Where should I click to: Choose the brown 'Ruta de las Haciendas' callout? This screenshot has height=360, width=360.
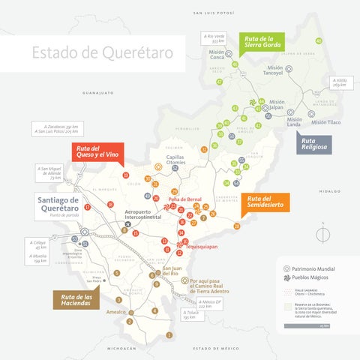coord(77,301)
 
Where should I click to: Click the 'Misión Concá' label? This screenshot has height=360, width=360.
coord(217,55)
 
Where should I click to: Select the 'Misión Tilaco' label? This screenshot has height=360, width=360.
coord(325,122)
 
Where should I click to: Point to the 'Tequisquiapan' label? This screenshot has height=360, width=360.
coord(201,246)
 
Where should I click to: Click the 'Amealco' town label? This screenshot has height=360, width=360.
coord(116,311)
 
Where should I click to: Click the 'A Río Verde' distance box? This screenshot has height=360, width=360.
coord(214,38)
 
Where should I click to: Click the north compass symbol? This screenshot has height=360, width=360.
coord(322,235)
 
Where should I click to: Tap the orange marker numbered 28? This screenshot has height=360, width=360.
coord(237,226)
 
